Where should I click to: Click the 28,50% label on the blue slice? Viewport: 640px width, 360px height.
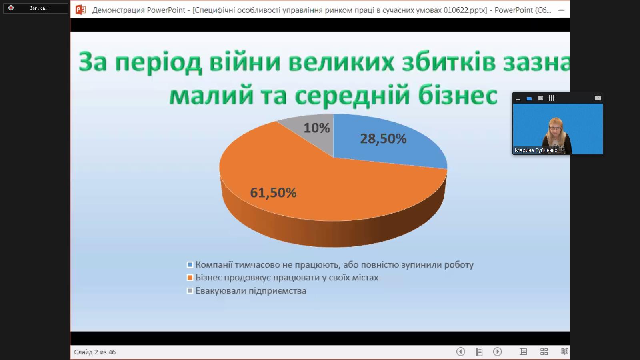pyautogui.click(x=383, y=139)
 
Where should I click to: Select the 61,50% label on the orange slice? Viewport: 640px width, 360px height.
pyautogui.click(x=273, y=192)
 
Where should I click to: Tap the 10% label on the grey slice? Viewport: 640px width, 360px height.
pyautogui.click(x=316, y=128)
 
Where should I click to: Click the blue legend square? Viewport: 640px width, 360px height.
pyautogui.click(x=190, y=264)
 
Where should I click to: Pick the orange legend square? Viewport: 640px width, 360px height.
pyautogui.click(x=190, y=278)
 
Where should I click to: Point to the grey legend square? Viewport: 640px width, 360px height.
pyautogui.click(x=190, y=290)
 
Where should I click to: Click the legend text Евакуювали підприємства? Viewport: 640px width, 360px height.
pyautogui.click(x=251, y=291)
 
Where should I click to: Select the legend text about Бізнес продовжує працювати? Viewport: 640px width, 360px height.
pyautogui.click(x=287, y=278)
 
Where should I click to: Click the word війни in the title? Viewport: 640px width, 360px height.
pyautogui.click(x=244, y=62)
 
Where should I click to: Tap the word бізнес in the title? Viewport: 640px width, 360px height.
pyautogui.click(x=458, y=95)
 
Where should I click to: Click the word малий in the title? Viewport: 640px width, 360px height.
pyautogui.click(x=212, y=96)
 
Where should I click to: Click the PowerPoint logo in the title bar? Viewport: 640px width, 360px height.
pyautogui.click(x=80, y=10)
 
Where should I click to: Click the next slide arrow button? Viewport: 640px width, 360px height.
pyautogui.click(x=498, y=352)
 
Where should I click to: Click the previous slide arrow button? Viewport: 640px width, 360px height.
pyautogui.click(x=460, y=352)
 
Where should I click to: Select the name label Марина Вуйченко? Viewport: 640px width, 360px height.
pyautogui.click(x=536, y=150)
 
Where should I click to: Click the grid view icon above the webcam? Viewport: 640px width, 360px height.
pyautogui.click(x=552, y=98)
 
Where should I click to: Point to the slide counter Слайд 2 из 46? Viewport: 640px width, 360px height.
pyautogui.click(x=95, y=352)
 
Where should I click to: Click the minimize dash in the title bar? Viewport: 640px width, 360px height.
pyautogui.click(x=561, y=10)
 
